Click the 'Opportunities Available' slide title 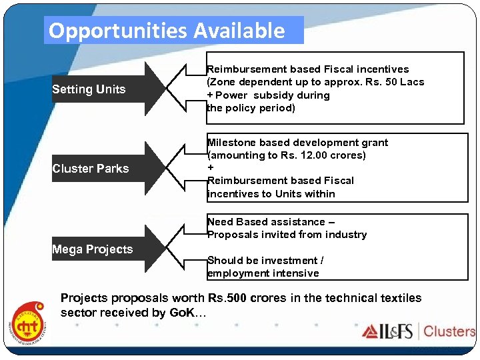tap(167, 31)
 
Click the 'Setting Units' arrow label tap(89, 89)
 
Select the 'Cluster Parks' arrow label tap(91, 169)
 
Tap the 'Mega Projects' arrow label tap(93, 249)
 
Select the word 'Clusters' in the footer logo tap(449, 331)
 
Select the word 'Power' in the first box tap(231, 95)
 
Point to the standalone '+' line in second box tap(211, 168)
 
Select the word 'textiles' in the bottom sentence tap(401, 298)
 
